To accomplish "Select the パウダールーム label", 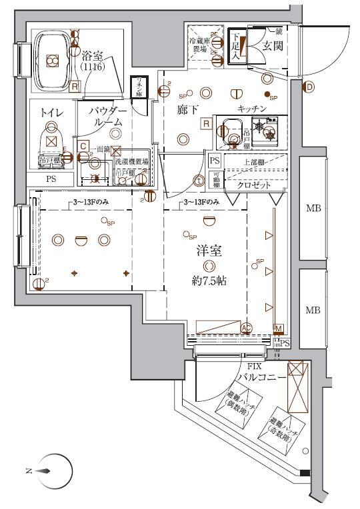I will (x=106, y=116).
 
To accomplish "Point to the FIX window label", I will (x=253, y=366).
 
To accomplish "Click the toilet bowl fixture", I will (x=51, y=139).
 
